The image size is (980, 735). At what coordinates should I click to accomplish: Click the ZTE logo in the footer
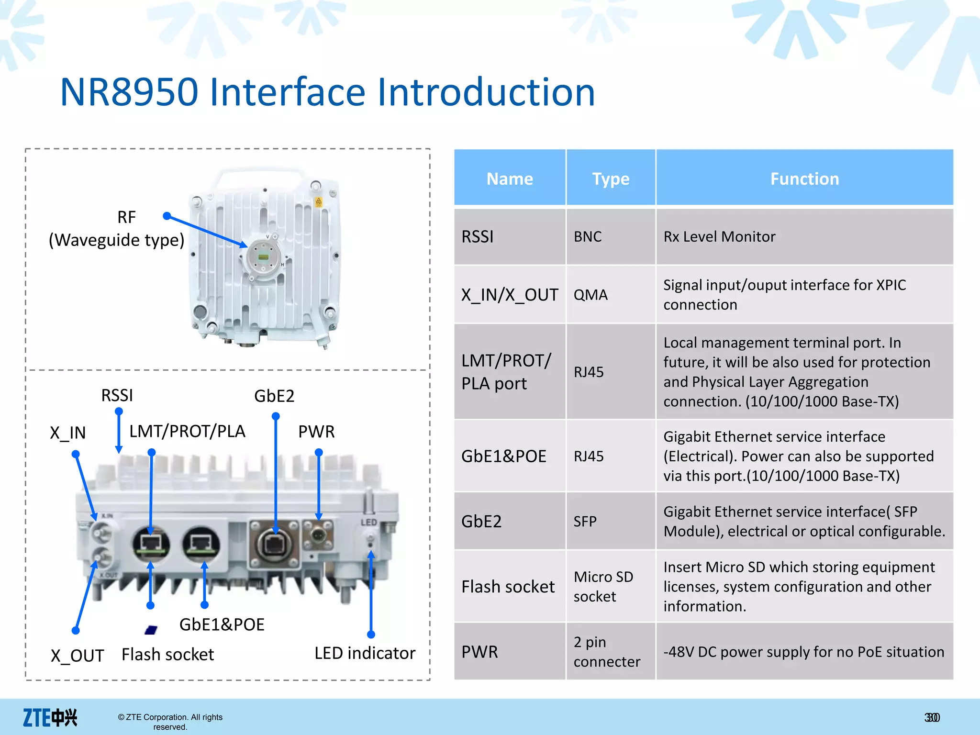[50, 717]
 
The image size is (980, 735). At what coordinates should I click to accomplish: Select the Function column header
[804, 178]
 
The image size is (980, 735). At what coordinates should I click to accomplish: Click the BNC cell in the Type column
[588, 236]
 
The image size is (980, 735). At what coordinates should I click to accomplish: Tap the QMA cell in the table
[590, 295]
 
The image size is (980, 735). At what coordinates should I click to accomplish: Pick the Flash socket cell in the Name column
[508, 587]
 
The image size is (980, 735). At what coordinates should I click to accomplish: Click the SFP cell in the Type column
[585, 521]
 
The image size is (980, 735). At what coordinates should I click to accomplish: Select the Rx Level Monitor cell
[719, 236]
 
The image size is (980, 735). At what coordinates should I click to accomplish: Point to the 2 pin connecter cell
[606, 652]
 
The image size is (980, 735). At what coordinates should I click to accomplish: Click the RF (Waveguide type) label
[116, 229]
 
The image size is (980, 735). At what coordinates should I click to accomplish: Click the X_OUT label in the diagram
[78, 656]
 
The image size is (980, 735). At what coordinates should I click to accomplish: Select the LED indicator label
[365, 653]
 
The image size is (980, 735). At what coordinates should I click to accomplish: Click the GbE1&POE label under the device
[222, 624]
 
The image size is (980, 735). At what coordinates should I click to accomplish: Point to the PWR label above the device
[316, 432]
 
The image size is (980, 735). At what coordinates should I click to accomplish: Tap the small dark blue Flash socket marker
[151, 630]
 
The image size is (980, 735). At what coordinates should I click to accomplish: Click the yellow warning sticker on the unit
[319, 202]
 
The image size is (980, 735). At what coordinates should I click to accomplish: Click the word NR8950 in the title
[129, 92]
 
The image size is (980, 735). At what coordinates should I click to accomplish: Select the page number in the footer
[932, 717]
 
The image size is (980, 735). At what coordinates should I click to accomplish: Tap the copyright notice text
[170, 722]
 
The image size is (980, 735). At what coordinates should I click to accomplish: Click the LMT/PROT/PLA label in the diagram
[187, 431]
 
